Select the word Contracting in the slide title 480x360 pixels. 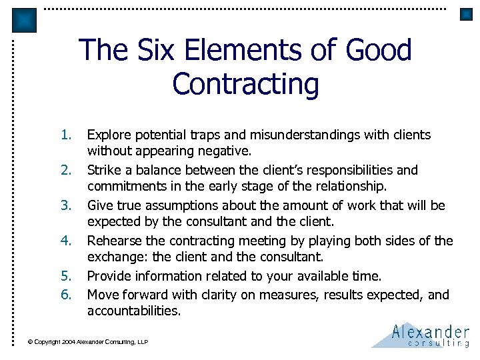(x=245, y=85)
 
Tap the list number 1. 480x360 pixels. (x=65, y=135)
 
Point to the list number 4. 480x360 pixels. (x=65, y=241)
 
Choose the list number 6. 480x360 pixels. (x=65, y=294)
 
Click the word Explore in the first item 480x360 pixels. (x=109, y=135)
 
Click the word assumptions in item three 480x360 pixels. (x=169, y=205)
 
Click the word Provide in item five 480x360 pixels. (x=109, y=276)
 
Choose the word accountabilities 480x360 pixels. (x=133, y=311)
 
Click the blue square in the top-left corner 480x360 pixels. (x=25, y=20)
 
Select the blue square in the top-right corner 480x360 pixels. (x=466, y=14)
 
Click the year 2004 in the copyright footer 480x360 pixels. (x=67, y=342)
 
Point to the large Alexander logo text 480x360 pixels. (x=430, y=331)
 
